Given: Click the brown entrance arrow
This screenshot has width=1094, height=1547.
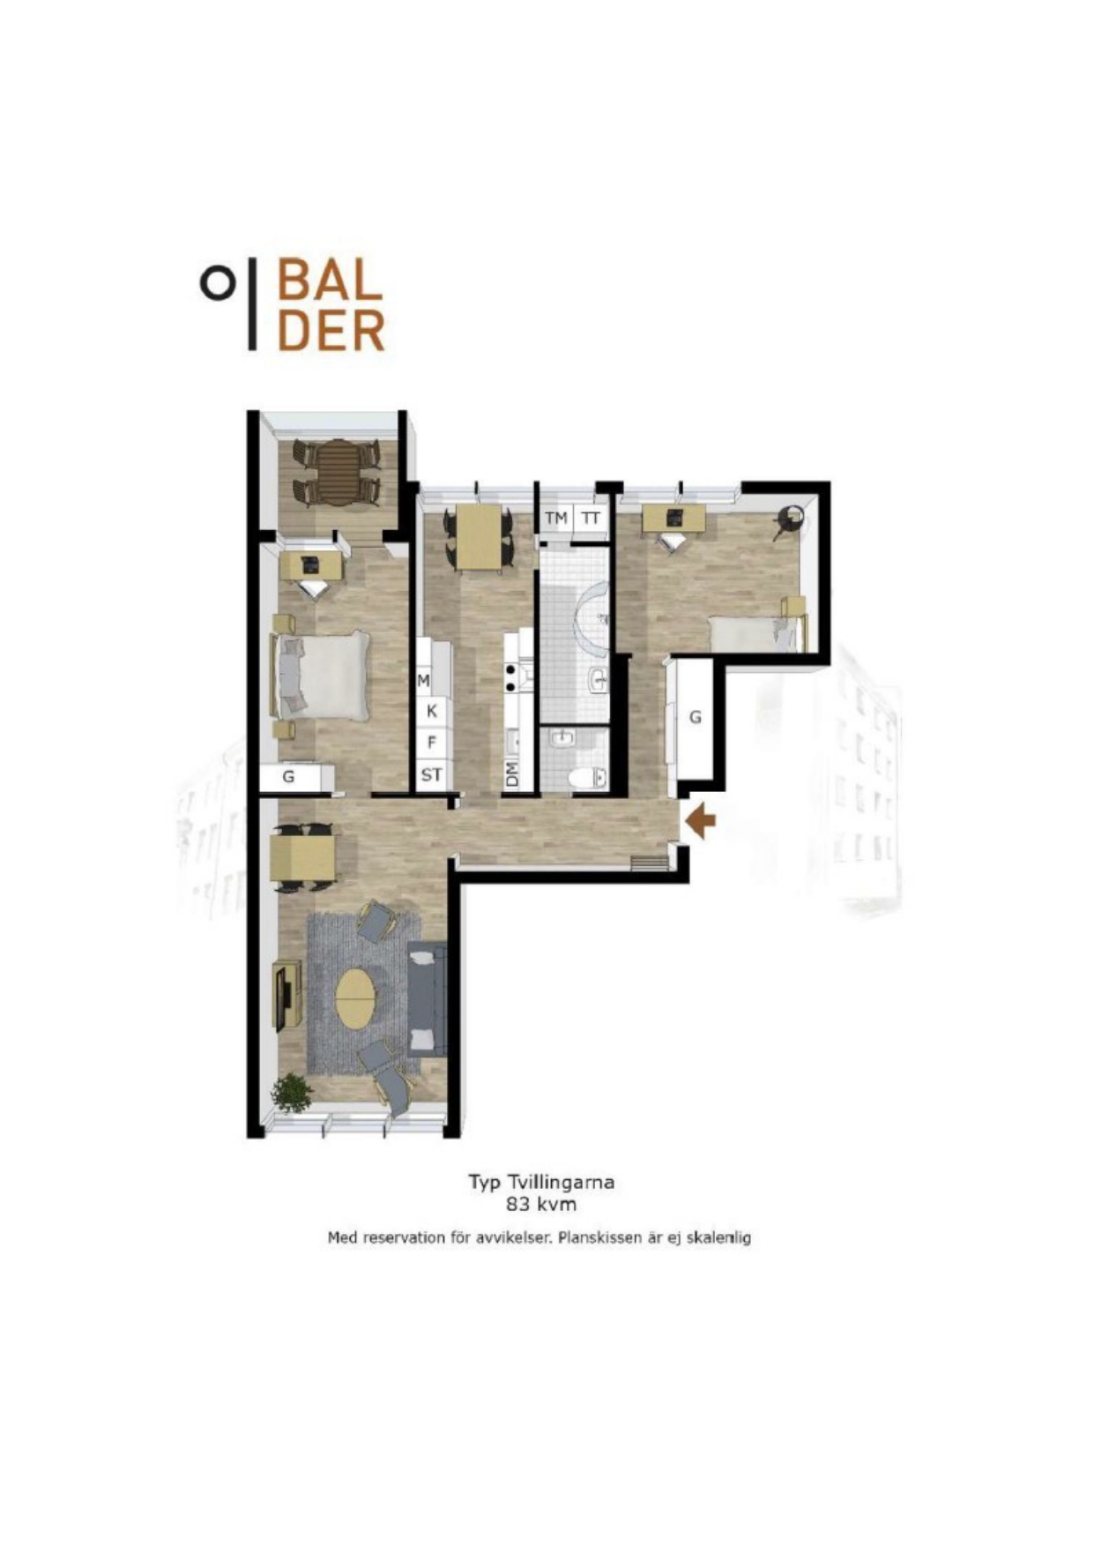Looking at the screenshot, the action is [x=700, y=821].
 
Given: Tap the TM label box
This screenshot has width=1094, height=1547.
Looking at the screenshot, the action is [x=555, y=518].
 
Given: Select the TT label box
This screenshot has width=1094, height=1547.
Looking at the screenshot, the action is [x=591, y=518].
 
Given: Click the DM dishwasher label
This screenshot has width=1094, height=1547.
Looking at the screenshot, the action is [x=512, y=775].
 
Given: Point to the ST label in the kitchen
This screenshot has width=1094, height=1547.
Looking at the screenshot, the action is [x=431, y=775].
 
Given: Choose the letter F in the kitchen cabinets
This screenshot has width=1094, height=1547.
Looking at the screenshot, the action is [x=432, y=743].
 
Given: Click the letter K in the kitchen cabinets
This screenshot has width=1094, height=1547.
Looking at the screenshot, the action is [x=432, y=711].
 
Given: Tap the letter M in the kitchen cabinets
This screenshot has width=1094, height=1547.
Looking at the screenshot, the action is [x=424, y=681].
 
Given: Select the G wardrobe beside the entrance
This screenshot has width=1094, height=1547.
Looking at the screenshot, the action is [x=694, y=719].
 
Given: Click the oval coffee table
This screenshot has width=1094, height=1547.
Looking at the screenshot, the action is [x=355, y=998].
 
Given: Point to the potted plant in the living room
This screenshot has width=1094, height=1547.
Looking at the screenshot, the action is [x=291, y=1094].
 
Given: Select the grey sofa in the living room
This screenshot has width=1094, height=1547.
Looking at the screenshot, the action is [x=427, y=998].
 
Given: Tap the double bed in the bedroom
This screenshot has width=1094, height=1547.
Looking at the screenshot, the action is [x=321, y=675].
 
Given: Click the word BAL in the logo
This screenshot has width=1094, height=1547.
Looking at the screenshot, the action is [x=330, y=279].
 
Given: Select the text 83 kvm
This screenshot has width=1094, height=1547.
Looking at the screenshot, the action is [x=541, y=1203].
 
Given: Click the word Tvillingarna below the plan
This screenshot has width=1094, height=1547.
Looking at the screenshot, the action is [x=555, y=1183].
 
